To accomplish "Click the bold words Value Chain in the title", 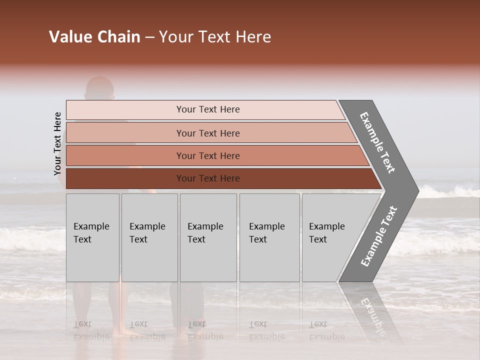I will coord(94,37).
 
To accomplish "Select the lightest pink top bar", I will coord(125,110).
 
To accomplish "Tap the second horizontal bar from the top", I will coord(125,133).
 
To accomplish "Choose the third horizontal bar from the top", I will coord(125,155).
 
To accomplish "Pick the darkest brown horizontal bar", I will coord(125,178).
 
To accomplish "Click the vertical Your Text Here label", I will coord(57,143).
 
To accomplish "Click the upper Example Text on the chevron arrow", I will coord(377,142).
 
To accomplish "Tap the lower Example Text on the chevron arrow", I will coord(379,236).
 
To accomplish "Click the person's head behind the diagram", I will coord(99,89).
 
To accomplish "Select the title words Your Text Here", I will coord(215,37).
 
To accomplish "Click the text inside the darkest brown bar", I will coord(208,178).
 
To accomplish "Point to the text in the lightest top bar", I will coord(208,109).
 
